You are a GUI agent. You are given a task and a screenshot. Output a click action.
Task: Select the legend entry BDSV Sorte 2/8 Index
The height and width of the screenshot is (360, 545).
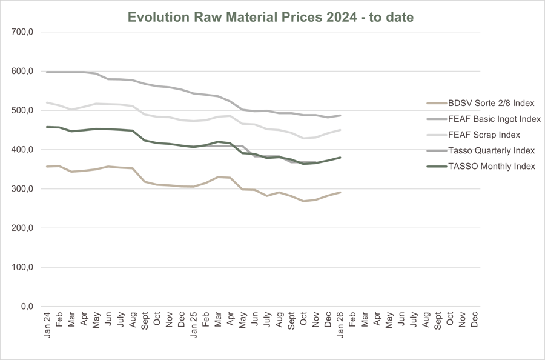coord(491,103)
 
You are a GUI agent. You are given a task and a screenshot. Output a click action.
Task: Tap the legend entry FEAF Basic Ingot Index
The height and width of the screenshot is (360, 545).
coord(494,119)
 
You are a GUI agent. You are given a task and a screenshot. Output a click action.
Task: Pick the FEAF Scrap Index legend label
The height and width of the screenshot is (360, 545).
coord(484,135)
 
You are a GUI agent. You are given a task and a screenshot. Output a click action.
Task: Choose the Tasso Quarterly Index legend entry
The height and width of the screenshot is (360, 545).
coord(491,150)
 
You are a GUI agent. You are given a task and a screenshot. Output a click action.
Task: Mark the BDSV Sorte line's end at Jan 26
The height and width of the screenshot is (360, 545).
coord(340,193)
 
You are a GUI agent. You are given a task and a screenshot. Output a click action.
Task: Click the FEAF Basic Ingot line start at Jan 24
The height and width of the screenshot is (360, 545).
coord(47,72)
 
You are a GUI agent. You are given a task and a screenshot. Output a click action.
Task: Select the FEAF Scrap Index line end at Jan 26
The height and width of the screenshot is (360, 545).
coord(340,130)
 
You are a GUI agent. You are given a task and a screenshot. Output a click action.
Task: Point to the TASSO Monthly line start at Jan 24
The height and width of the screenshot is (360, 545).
coord(47,127)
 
